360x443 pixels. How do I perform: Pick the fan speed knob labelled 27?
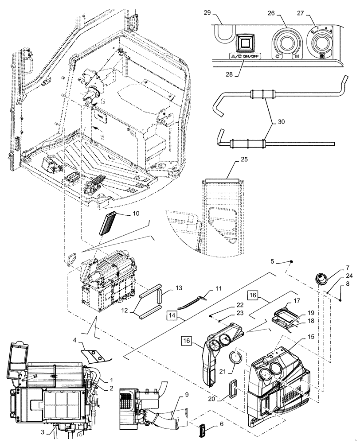[322, 43]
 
